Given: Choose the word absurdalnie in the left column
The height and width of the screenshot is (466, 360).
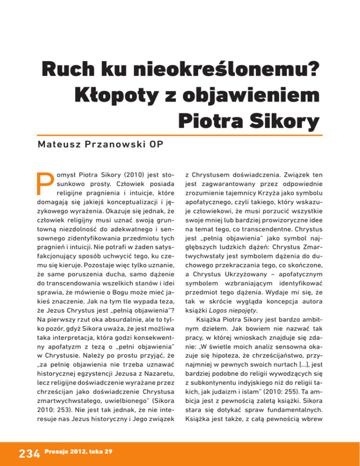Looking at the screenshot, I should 108,281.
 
